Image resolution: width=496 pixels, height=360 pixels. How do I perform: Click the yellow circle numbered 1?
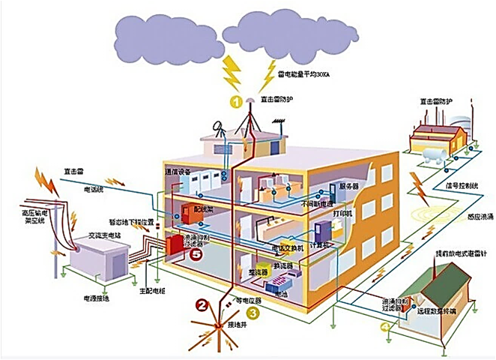click(236, 100)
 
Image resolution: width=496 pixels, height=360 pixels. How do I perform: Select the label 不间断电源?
click(316, 203)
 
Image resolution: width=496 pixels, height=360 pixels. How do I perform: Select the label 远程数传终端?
click(447, 308)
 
